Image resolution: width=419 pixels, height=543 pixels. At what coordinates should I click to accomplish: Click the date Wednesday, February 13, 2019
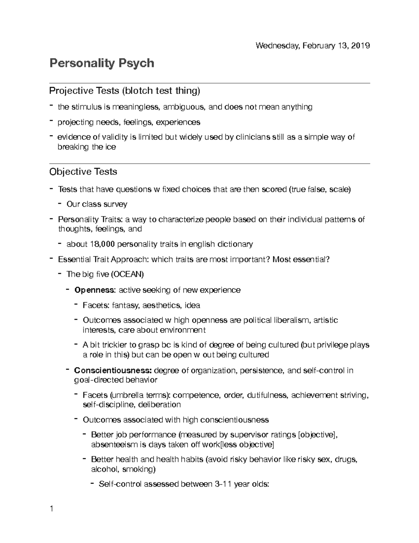point(313,45)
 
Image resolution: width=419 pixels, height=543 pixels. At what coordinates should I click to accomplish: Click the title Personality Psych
point(102,63)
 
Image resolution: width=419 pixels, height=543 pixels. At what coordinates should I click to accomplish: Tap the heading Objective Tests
point(83,172)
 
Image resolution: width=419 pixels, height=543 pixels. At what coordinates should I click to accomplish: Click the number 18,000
point(102,244)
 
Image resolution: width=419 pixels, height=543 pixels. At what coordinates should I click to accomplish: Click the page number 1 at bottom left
point(51,509)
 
